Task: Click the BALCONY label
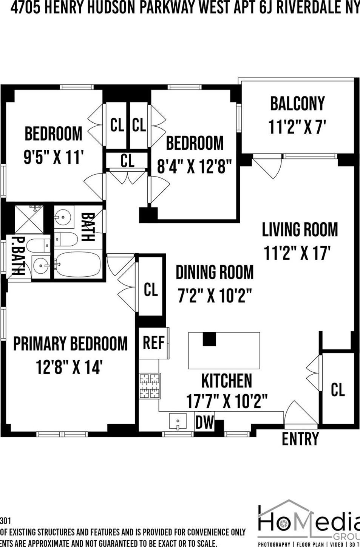297,104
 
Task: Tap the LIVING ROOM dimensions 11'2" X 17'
297,253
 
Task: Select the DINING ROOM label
215,273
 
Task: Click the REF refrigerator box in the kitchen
153,343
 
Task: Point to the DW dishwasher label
204,422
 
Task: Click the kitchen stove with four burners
150,386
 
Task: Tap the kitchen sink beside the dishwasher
178,421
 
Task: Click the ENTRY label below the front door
300,439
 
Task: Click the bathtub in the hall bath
78,263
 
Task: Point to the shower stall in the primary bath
29,219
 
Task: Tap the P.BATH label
17,256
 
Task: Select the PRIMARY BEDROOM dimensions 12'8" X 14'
69,367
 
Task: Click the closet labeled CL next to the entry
337,389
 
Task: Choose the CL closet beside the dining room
151,290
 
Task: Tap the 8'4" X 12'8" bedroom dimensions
194,166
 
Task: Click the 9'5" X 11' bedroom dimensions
53,157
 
